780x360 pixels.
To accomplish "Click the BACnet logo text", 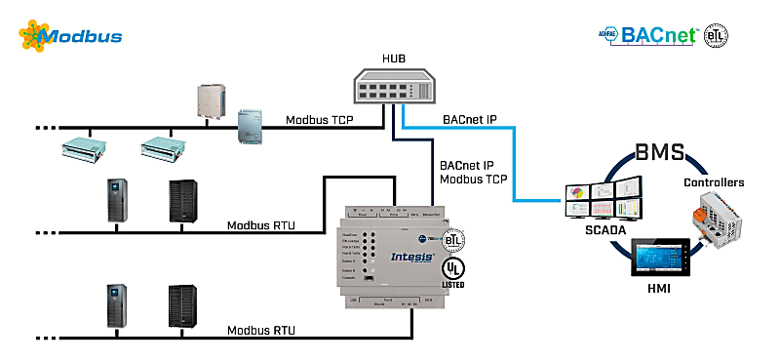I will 662,36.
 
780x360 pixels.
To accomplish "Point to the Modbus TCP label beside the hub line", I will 319,121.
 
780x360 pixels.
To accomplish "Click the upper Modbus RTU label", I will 261,225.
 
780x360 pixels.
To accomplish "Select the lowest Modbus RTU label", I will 261,330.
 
